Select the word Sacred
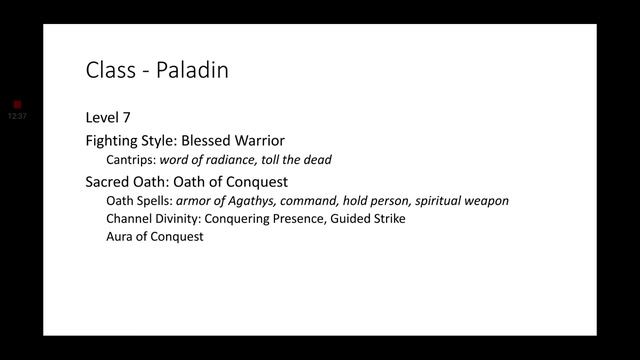coord(109,181)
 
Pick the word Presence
coord(303,218)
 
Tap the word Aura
coord(120,237)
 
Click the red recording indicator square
coord(17,104)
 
